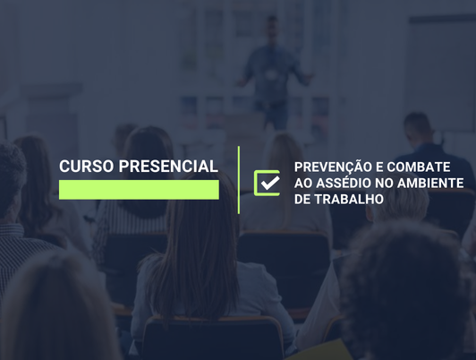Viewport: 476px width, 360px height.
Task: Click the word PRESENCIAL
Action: click(168, 167)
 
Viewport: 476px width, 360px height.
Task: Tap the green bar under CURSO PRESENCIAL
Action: click(139, 189)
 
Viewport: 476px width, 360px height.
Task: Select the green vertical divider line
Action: click(239, 179)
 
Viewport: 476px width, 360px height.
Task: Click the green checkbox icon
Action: click(267, 183)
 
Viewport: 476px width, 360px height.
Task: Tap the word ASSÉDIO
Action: click(344, 183)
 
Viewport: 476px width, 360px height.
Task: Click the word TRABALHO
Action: click(348, 198)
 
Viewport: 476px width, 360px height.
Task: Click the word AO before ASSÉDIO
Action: click(303, 183)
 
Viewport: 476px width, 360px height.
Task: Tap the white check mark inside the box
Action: click(268, 182)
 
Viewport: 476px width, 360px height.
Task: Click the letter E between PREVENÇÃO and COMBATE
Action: click(378, 167)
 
